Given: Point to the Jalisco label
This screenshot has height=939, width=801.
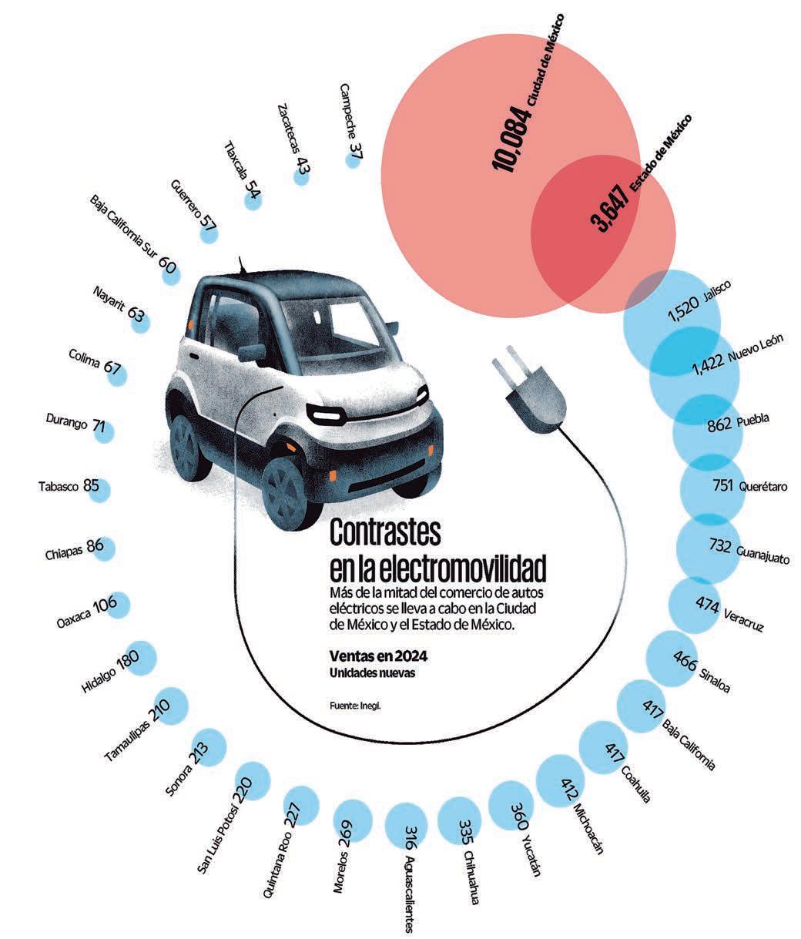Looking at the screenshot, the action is pos(711,295).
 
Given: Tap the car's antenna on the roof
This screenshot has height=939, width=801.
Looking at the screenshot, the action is pos(245,265).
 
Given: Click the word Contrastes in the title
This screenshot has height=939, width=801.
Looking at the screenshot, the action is pos(385,534).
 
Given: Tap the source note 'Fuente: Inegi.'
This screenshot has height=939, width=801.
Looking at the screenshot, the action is pos(354,703).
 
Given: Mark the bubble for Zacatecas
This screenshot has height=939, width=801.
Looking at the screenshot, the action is pos(300,176).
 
